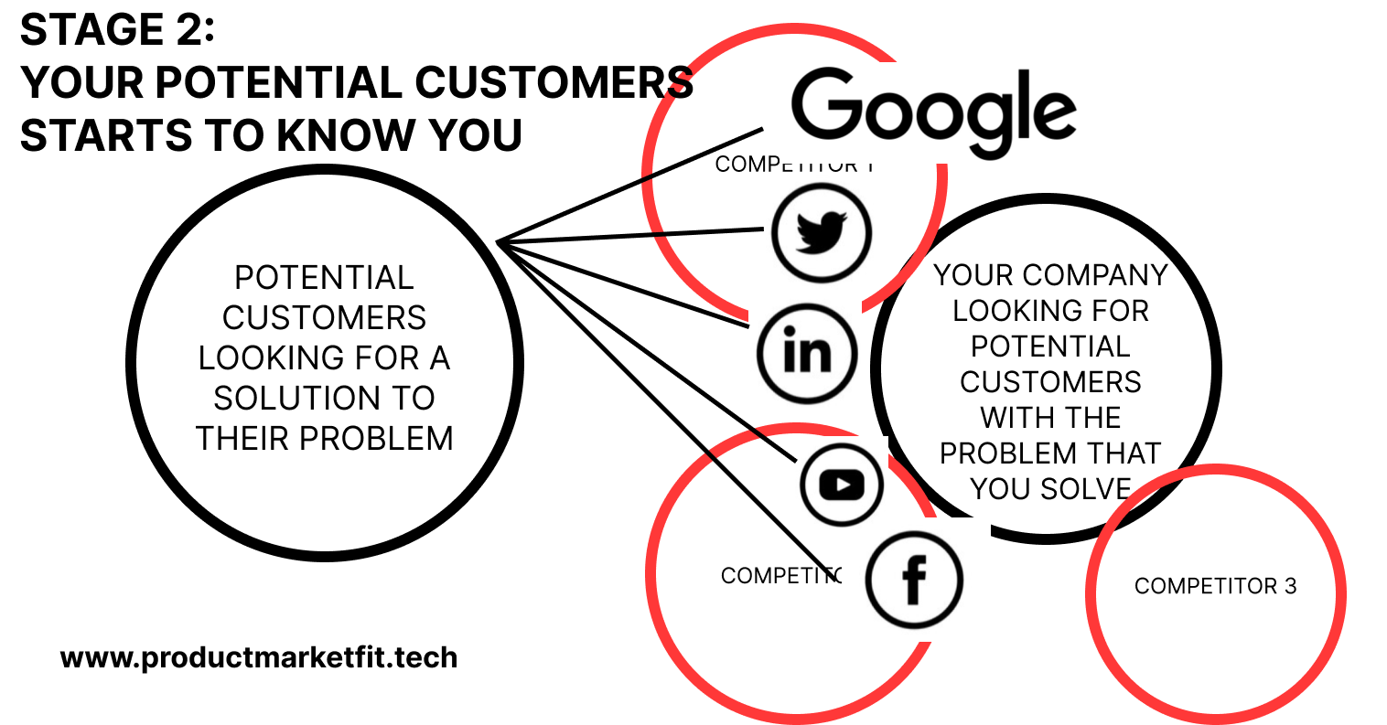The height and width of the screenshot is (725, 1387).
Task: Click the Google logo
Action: [933, 110]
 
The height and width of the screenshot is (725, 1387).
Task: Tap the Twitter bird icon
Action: [821, 232]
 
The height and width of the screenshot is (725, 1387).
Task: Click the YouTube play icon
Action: [842, 485]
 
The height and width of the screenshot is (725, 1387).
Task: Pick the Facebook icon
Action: [914, 580]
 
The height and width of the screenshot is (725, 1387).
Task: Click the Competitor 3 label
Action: [1215, 586]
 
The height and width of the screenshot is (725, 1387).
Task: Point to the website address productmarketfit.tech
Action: [259, 657]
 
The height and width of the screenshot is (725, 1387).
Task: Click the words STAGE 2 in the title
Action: [117, 30]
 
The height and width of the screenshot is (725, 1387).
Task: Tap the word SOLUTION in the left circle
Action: [324, 398]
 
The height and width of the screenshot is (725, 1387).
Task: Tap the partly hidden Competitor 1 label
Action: [794, 165]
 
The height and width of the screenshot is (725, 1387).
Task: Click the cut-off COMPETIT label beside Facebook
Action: [780, 575]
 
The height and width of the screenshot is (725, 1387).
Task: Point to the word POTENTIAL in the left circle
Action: [324, 277]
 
